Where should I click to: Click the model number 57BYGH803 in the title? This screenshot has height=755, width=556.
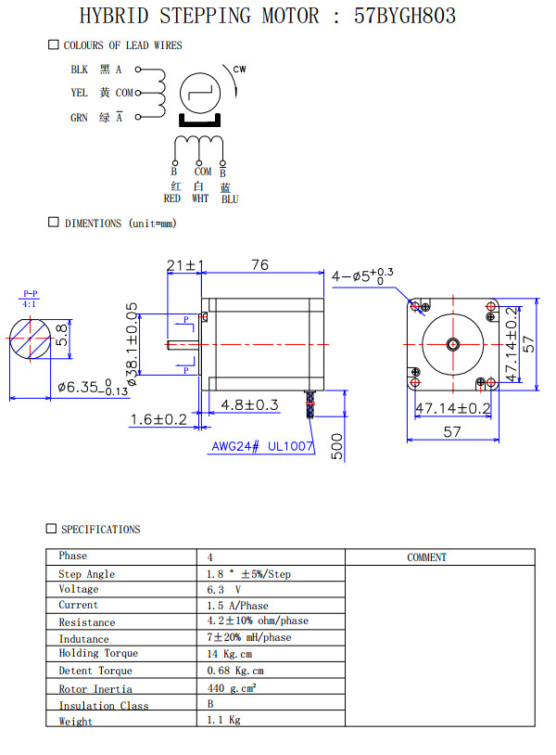click(405, 16)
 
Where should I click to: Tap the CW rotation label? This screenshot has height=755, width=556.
click(239, 70)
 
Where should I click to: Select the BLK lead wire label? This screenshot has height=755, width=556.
click(79, 70)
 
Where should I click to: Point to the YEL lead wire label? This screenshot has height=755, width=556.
click(79, 93)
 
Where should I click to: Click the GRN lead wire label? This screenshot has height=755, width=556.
click(79, 118)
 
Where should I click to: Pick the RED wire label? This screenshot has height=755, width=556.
click(172, 198)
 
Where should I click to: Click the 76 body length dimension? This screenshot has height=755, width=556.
click(259, 265)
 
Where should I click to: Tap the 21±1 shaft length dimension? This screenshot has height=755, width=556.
click(185, 266)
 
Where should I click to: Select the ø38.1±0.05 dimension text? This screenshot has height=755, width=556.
click(132, 343)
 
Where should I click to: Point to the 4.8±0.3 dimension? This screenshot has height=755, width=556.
click(249, 404)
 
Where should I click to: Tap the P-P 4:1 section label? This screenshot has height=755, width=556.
click(30, 299)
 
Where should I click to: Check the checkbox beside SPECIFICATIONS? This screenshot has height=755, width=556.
click(51, 529)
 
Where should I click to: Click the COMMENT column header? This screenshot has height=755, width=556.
click(426, 557)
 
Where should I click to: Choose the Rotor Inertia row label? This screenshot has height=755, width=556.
click(95, 689)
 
